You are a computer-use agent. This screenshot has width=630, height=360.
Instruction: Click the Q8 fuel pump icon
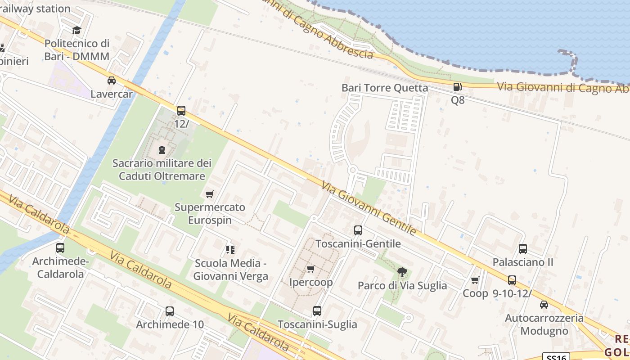tap(457, 87)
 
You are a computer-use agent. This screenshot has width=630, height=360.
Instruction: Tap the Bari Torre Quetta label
tap(385, 88)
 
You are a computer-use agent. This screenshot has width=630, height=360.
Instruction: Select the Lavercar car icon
tap(111, 81)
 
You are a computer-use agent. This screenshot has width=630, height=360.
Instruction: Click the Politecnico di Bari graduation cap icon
tap(77, 30)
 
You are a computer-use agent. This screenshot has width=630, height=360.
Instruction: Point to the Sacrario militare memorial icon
tap(162, 150)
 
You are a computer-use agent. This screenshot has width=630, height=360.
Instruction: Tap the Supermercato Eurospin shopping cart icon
tap(209, 194)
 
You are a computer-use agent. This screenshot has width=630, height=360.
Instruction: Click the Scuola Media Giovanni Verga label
tap(230, 270)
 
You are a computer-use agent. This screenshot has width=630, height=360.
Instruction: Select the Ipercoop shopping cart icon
tap(310, 269)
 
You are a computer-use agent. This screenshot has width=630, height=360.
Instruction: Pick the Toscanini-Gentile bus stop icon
tap(358, 230)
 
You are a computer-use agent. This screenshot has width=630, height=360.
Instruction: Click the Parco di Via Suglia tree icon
tap(402, 272)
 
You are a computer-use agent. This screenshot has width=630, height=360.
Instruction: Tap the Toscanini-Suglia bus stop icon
tap(317, 311)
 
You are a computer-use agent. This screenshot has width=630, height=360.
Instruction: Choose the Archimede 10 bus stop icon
tap(170, 311)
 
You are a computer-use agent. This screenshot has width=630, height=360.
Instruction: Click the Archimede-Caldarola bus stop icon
tap(60, 248)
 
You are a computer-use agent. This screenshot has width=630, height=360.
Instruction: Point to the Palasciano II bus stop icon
tap(523, 249)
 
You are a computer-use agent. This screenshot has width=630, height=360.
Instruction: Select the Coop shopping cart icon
tap(475, 280)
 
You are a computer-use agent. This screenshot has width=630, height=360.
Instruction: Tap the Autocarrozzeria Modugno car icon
tap(544, 305)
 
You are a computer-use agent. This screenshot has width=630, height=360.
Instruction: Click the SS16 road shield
tap(556, 357)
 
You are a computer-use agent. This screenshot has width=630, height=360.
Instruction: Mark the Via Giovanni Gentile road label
tap(369, 208)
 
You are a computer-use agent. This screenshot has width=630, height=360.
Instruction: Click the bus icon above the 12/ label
tap(181, 111)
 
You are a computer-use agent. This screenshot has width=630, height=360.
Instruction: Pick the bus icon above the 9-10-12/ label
tap(512, 280)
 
